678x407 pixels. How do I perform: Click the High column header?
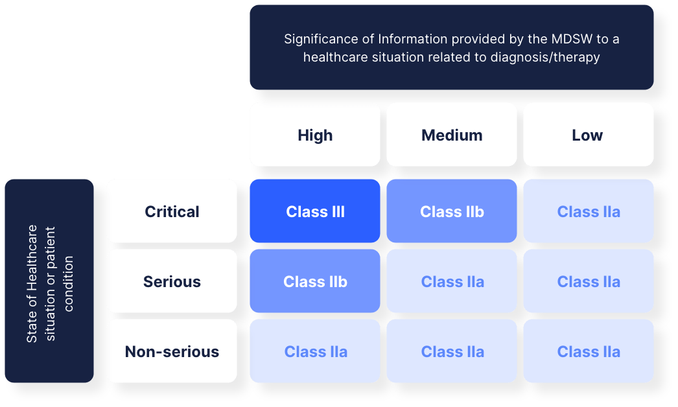[315, 135]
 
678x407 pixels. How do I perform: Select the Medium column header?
[452, 135]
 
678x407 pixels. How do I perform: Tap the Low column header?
[588, 135]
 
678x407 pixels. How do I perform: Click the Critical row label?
[172, 211]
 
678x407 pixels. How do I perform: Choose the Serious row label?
[172, 281]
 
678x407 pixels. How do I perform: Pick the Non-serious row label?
[172, 351]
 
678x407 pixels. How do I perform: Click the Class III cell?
[315, 211]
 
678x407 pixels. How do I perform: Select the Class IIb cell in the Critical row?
[452, 211]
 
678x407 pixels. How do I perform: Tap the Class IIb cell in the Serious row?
[315, 281]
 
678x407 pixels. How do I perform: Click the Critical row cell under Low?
[588, 211]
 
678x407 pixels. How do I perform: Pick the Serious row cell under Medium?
[452, 281]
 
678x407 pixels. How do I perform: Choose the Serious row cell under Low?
[588, 281]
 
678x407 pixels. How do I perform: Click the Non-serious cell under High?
[315, 351]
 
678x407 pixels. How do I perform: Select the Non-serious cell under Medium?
[452, 351]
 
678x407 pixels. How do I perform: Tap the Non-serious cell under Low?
[588, 351]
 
